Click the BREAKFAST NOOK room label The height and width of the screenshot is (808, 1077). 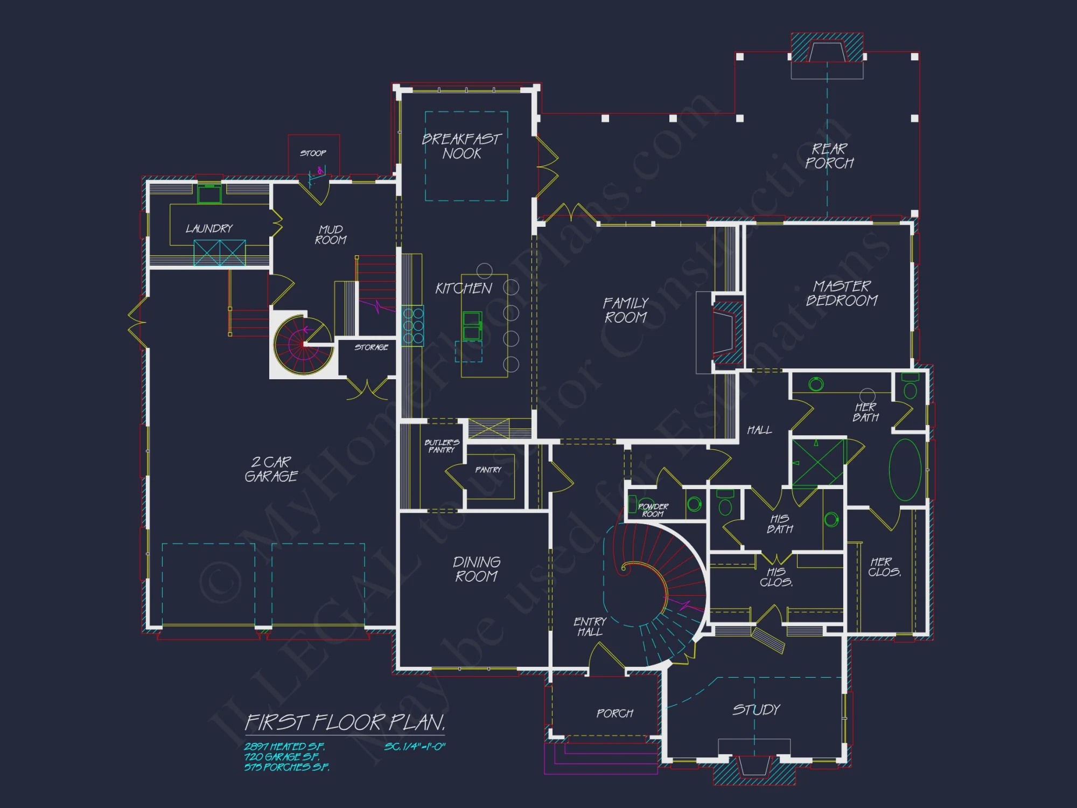[x=461, y=146]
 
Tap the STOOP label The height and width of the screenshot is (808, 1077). [x=313, y=153]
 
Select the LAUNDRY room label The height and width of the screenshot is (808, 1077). [x=209, y=228]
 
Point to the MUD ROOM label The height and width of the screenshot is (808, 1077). [x=331, y=235]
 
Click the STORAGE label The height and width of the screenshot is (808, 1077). [x=371, y=347]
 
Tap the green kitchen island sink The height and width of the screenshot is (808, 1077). [x=472, y=325]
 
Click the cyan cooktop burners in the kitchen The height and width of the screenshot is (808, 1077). [x=412, y=325]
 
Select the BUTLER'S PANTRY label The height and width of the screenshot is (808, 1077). [x=442, y=446]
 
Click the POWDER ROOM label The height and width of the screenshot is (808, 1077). [x=653, y=510]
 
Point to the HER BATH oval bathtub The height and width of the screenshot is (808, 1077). [x=905, y=470]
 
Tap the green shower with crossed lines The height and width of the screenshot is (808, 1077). [x=817, y=463]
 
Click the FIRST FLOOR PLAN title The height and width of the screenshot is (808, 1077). [x=345, y=722]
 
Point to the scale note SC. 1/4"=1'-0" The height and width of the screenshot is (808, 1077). [x=415, y=747]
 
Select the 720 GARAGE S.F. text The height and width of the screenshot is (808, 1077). [x=282, y=757]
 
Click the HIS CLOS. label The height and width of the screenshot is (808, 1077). [x=776, y=577]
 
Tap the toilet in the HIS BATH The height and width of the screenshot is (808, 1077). [x=725, y=505]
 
